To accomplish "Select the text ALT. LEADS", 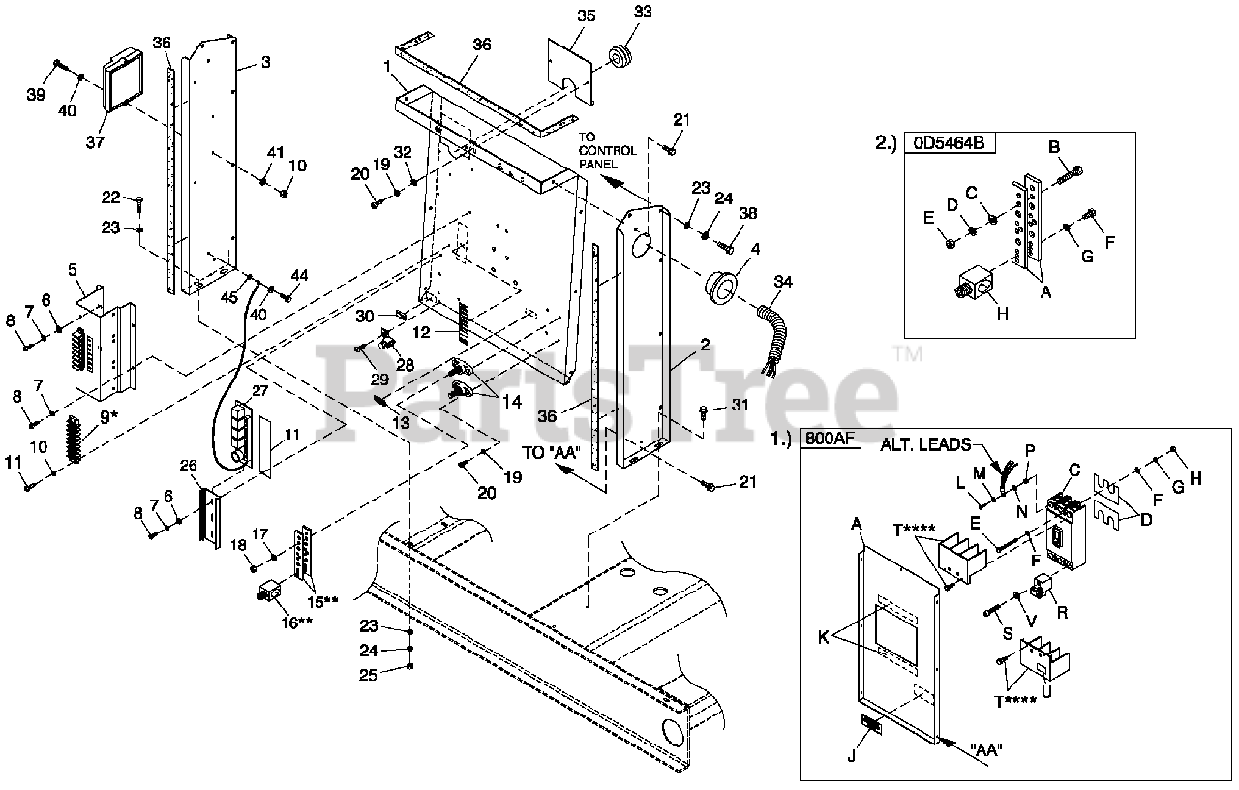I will tap(926, 446).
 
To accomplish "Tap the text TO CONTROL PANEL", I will tap(607, 150).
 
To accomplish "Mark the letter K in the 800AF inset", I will tap(823, 638).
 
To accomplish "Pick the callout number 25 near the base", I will tap(368, 675).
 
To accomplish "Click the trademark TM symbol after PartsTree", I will tap(907, 354).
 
